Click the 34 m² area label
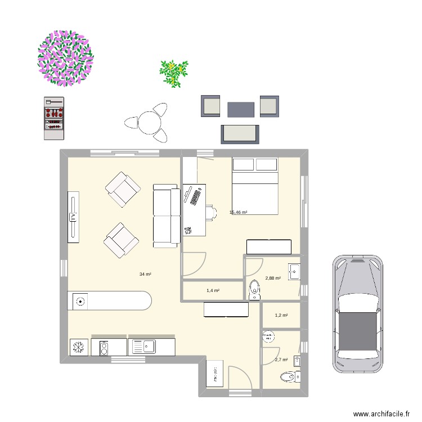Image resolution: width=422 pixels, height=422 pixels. point(145,274)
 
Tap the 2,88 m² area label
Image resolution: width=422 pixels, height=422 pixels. point(273,278)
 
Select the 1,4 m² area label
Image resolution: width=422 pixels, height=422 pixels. point(213,290)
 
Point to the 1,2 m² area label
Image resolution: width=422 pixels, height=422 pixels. point(281,316)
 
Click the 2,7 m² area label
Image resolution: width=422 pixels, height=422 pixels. point(281,360)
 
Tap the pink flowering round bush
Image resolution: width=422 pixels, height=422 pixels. point(65,58)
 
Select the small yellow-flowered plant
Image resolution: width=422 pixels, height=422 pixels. point(173,73)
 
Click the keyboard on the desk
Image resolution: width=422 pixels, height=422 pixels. point(196,197)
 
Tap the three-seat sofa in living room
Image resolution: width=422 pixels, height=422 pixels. point(165,216)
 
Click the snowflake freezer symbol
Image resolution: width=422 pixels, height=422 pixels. point(78,348)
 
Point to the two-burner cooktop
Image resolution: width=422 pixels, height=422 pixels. point(104,348)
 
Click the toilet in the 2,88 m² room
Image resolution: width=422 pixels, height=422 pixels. point(254,290)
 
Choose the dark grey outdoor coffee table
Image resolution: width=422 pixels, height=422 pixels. point(241,109)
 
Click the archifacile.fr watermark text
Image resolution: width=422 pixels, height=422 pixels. point(381,414)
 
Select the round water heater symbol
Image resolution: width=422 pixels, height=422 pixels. point(268,336)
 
